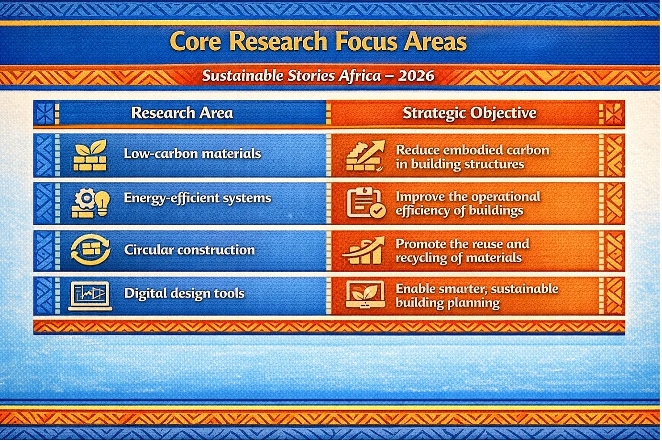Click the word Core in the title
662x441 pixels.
(x=195, y=42)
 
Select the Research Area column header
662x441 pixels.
(x=182, y=113)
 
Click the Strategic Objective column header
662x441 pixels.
(x=469, y=113)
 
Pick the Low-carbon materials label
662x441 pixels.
(x=192, y=154)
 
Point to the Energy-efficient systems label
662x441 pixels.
(x=197, y=198)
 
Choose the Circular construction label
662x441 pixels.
(x=189, y=250)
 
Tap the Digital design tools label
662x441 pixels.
(x=184, y=294)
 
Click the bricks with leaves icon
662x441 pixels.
(x=90, y=155)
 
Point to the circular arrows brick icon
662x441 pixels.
(x=91, y=250)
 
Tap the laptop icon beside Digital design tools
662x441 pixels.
(x=90, y=296)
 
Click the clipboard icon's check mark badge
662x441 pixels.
(x=377, y=211)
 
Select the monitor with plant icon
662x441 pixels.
(x=365, y=294)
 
